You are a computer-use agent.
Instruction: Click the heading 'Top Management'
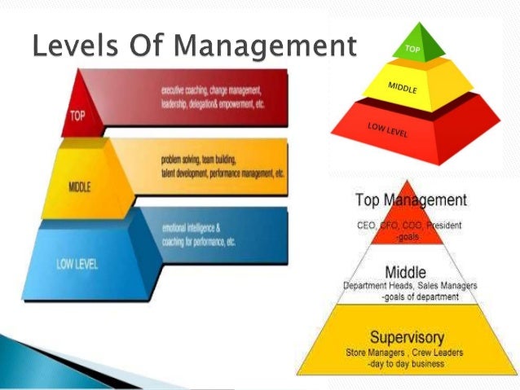(411, 200)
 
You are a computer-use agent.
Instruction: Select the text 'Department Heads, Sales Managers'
(410, 286)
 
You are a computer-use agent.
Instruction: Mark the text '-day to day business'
(412, 363)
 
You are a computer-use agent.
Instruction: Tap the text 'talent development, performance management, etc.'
(223, 174)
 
